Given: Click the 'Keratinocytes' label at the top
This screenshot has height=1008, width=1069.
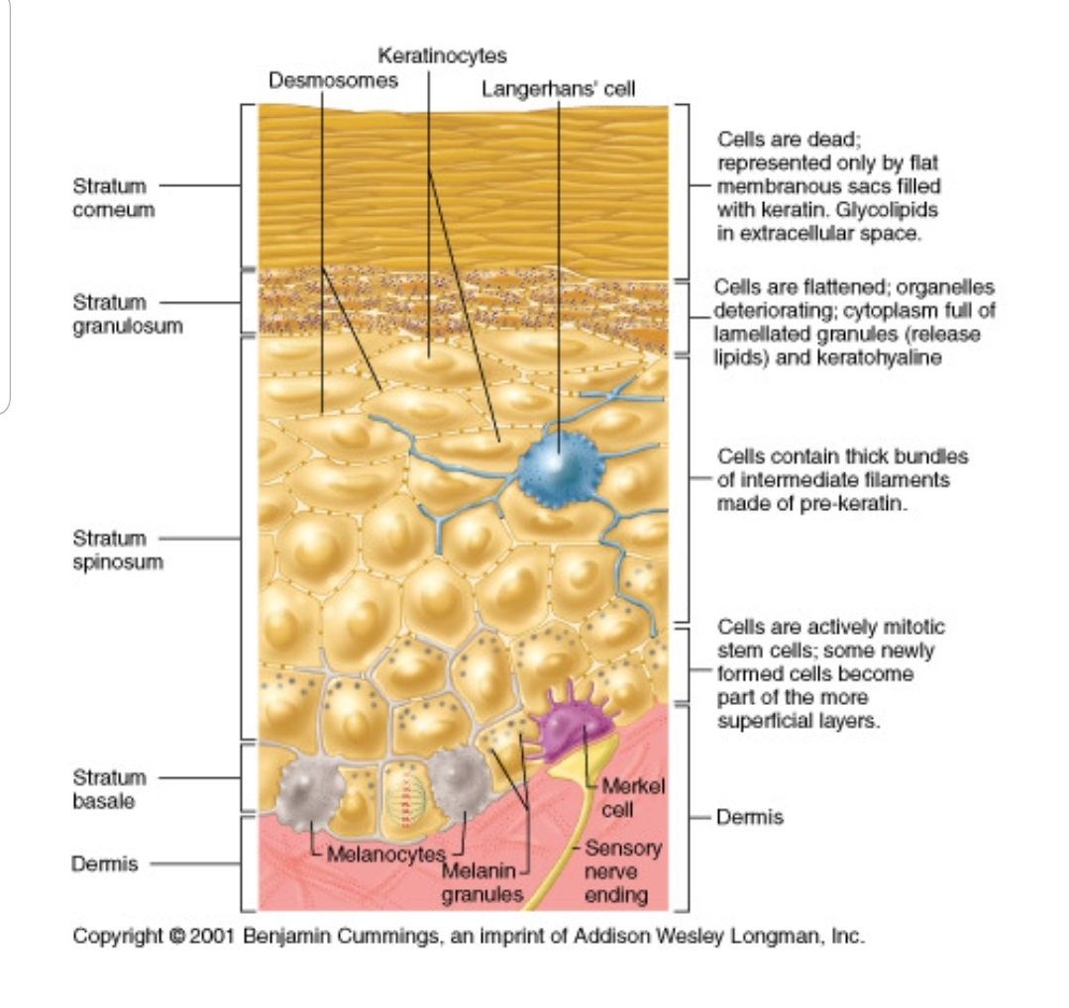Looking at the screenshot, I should tap(442, 55).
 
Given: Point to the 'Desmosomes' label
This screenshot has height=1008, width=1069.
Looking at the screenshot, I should tap(333, 80).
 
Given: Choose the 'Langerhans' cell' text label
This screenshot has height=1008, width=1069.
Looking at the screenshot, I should tap(558, 89).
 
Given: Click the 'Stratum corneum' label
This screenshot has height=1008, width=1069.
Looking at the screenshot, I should tap(113, 197).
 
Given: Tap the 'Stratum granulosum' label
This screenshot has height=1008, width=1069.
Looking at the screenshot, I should tap(127, 314).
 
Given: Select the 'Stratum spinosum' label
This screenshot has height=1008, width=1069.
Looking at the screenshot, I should tap(117, 550).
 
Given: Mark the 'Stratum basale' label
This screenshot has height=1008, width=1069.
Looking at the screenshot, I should tap(109, 789).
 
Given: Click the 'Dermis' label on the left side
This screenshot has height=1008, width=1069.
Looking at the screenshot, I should tap(104, 863).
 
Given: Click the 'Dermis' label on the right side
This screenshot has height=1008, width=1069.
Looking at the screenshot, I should tap(749, 817).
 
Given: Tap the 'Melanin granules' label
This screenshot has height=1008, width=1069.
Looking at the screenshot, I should tap(480, 883).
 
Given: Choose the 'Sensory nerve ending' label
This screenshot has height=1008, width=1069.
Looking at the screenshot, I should tap(616, 872).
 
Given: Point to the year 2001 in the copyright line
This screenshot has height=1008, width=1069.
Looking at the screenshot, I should tap(209, 936).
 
